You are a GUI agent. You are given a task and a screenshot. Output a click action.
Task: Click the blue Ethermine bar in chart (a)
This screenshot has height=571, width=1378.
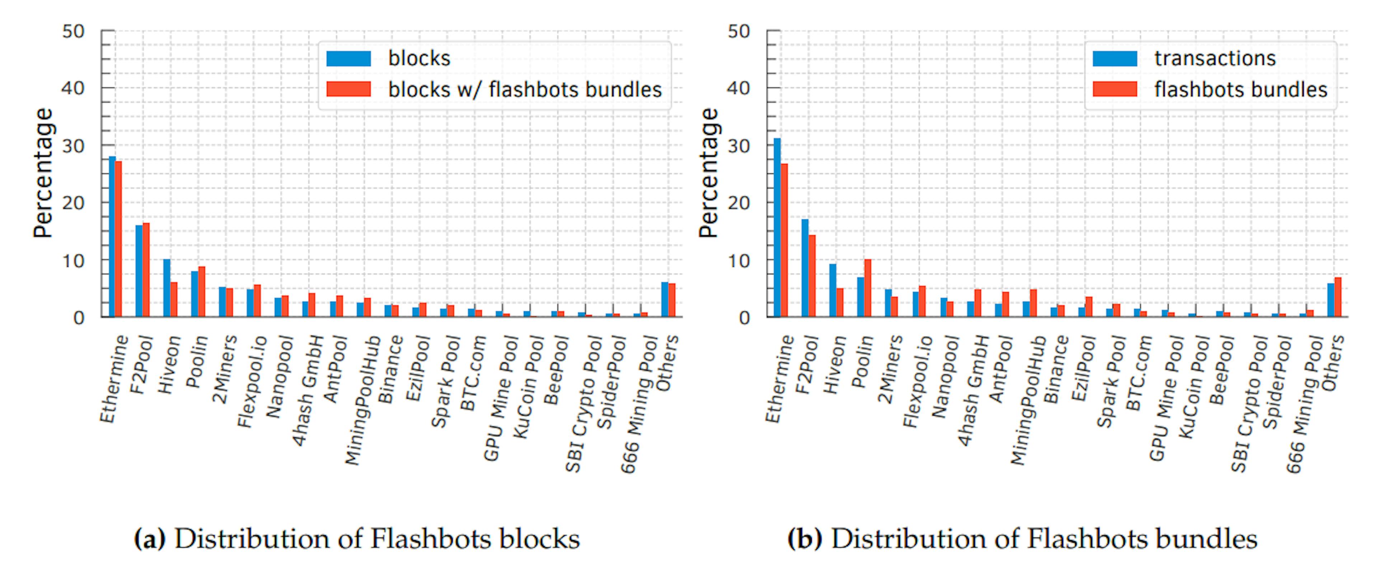pos(112,237)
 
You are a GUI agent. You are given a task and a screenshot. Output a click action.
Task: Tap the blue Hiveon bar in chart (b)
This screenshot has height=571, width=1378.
pos(833,290)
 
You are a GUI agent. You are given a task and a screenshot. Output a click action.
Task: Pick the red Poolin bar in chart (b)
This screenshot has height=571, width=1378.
pos(868,288)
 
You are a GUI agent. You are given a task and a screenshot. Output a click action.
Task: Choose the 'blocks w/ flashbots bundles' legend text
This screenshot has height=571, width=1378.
pos(525,89)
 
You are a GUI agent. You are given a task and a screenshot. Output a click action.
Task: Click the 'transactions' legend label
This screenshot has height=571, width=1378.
pos(1215,58)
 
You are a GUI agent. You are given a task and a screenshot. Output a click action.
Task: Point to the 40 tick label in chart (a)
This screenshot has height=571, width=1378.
pos(73,88)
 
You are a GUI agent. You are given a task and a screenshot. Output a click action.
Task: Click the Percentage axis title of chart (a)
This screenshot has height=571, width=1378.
pos(43,173)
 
